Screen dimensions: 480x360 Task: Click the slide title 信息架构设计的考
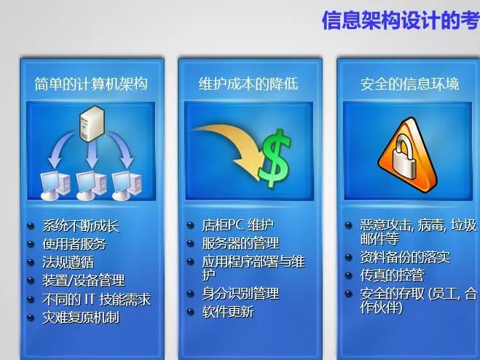[x=401, y=21]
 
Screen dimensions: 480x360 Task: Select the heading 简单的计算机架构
[x=91, y=84]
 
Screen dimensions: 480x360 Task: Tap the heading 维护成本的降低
[x=248, y=84]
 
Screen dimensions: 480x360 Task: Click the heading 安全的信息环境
[x=409, y=84]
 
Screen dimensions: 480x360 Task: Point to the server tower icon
[x=92, y=123]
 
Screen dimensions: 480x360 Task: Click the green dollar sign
[x=275, y=158]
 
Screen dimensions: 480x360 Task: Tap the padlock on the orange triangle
[x=404, y=158]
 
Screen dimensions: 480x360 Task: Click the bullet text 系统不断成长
[x=81, y=226]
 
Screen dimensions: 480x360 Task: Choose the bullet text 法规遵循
[x=68, y=262]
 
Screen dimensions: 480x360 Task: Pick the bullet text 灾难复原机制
[x=81, y=318]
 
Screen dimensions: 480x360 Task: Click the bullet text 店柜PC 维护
[x=237, y=225]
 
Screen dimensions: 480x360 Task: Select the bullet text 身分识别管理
[x=240, y=294]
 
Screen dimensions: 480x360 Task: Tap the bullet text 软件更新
[x=228, y=312]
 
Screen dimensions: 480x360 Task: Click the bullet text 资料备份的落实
[x=405, y=257]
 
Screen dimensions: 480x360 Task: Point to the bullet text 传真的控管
[x=392, y=275]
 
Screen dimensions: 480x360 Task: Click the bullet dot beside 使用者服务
[x=31, y=244]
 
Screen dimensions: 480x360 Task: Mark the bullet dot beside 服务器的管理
[x=190, y=243]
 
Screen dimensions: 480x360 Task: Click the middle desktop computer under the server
[x=91, y=185]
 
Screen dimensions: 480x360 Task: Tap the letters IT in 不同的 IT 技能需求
[x=90, y=300]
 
